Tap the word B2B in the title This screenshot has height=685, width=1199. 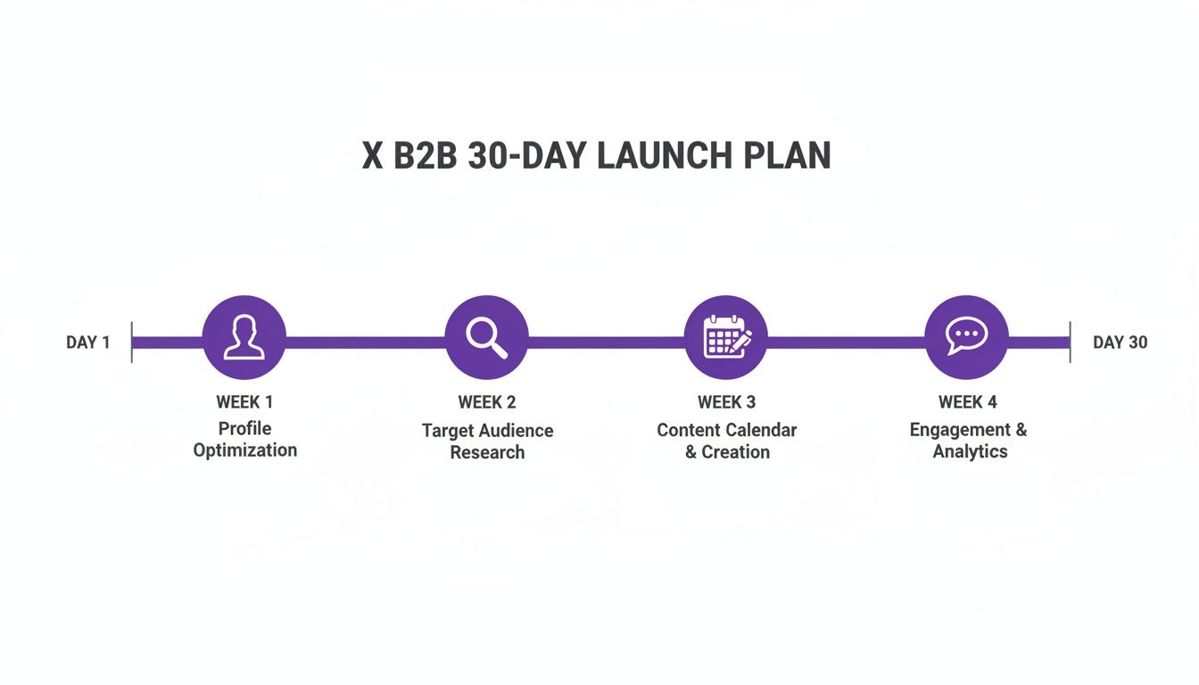click(424, 156)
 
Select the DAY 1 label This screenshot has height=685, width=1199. click(88, 342)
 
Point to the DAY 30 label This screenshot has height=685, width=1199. click(1120, 342)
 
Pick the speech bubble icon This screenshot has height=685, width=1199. click(967, 337)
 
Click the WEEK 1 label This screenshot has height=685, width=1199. click(244, 402)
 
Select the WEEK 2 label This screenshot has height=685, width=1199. click(487, 402)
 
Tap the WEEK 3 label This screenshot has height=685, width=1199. click(726, 402)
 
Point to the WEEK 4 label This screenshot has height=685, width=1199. click(968, 402)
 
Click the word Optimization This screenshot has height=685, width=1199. click(245, 450)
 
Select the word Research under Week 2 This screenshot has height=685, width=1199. click(487, 452)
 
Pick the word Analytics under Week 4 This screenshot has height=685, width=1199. click(970, 451)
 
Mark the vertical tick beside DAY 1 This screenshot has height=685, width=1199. click(132, 342)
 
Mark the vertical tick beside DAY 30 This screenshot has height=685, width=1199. click(1070, 342)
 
